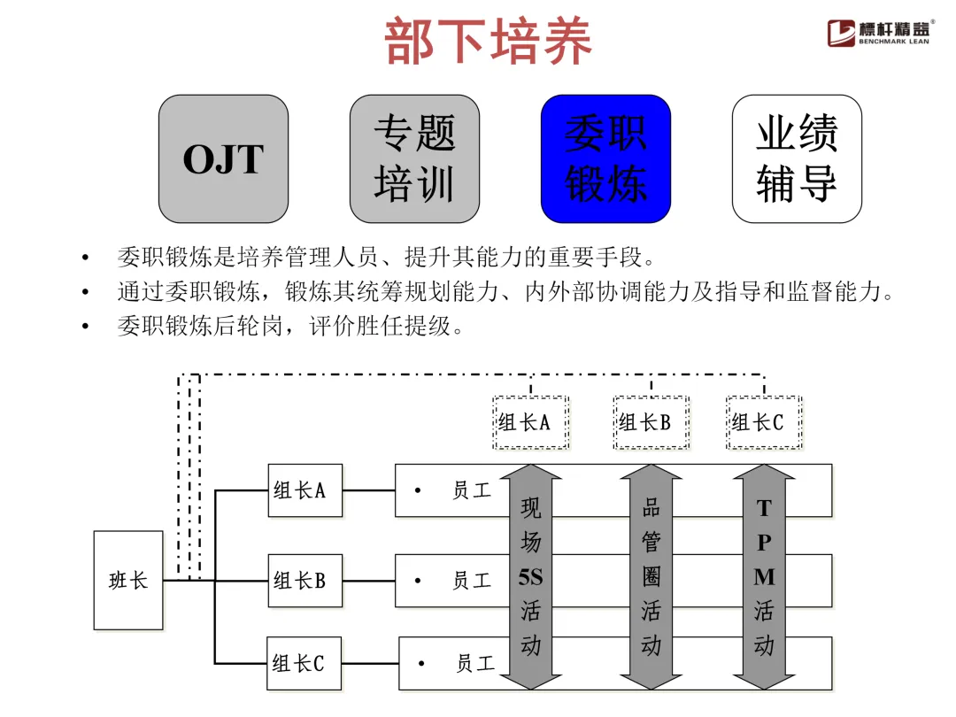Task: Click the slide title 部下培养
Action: [x=488, y=41]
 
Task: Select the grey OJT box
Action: [x=223, y=159]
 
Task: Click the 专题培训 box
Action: [x=414, y=159]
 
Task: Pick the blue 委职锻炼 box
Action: [x=605, y=159]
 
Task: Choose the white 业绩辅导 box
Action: [x=797, y=159]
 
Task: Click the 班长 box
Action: [x=128, y=581]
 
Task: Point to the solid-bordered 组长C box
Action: [x=305, y=662]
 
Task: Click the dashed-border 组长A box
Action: [x=530, y=422]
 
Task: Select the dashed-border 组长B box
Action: [x=651, y=422]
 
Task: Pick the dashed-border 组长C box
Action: [x=764, y=422]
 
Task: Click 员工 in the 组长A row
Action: [x=472, y=490]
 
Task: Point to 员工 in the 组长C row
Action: [x=475, y=663]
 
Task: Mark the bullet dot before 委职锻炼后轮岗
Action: [x=85, y=327]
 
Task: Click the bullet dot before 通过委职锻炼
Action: [x=85, y=292]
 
